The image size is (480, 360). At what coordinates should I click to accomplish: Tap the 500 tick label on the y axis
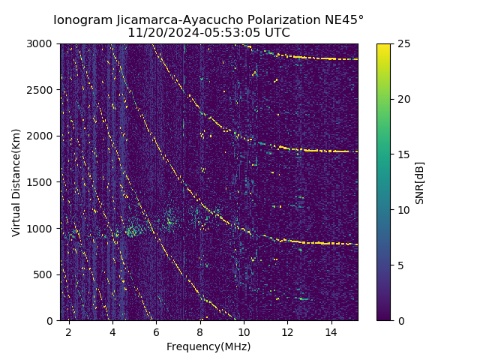click(x=46, y=274)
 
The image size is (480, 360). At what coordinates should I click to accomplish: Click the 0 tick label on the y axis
click(x=52, y=321)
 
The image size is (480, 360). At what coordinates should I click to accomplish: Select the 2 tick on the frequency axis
click(x=68, y=331)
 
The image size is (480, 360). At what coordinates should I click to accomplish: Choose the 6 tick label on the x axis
click(x=156, y=331)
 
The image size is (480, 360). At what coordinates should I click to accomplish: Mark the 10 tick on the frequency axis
click(x=244, y=331)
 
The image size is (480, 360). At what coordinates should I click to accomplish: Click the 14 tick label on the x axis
click(x=331, y=331)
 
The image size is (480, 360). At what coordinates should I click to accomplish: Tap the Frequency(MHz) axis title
click(x=208, y=346)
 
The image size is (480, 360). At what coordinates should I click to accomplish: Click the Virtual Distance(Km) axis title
click(x=16, y=182)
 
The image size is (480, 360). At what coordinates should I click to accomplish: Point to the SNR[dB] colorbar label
click(x=420, y=182)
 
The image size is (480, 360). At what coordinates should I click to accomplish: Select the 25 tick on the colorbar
click(x=402, y=43)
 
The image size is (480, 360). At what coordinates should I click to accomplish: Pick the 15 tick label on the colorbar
click(x=402, y=154)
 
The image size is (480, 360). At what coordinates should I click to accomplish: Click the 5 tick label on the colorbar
click(x=399, y=265)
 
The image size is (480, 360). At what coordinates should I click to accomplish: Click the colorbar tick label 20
click(x=402, y=99)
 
